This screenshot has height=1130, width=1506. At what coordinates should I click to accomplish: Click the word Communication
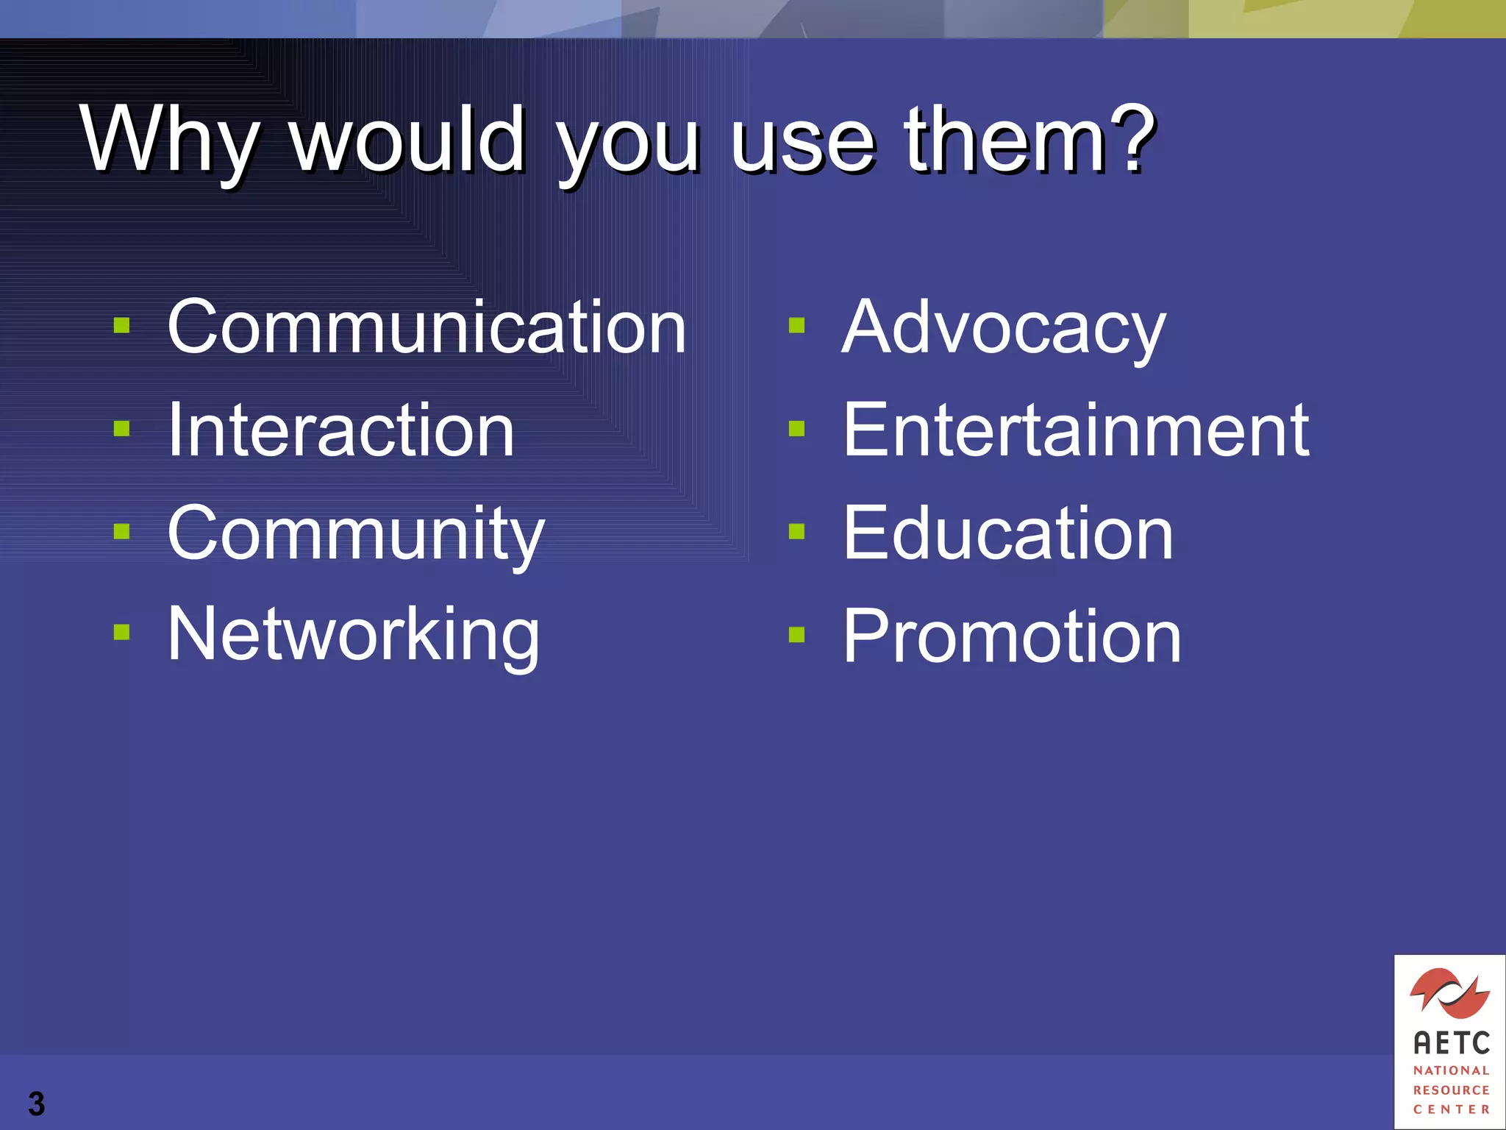click(x=427, y=327)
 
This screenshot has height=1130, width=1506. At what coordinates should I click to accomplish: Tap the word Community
click(x=356, y=534)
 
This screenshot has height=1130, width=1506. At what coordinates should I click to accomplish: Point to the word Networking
click(x=354, y=635)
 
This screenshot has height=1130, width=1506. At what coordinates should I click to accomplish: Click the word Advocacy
click(x=1003, y=329)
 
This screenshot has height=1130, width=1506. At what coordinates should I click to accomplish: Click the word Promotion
click(x=1011, y=636)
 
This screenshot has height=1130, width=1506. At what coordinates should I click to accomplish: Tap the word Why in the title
click(x=169, y=140)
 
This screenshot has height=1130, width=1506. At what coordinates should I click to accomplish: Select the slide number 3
click(x=36, y=1104)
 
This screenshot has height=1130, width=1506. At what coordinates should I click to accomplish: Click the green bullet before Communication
click(x=122, y=325)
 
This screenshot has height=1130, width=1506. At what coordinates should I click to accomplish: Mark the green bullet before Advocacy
click(x=796, y=325)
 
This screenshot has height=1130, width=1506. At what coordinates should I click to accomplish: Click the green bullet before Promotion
click(x=796, y=634)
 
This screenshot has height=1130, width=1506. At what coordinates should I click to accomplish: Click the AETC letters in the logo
click(x=1451, y=1042)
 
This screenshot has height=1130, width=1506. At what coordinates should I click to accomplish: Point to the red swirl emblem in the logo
click(x=1449, y=992)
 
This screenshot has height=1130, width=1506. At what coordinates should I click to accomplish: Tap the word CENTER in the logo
click(x=1451, y=1109)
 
